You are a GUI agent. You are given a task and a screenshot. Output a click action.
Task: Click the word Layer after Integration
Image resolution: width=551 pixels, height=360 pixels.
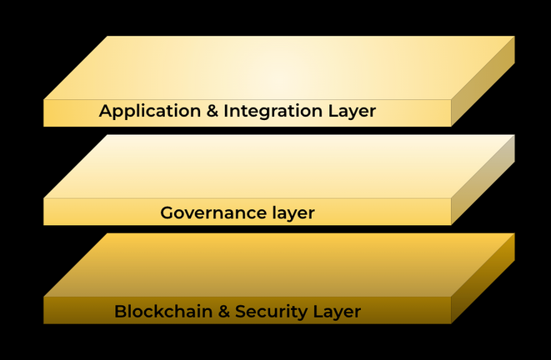point(353,111)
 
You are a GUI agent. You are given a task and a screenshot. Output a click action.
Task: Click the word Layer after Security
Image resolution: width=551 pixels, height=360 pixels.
point(338,312)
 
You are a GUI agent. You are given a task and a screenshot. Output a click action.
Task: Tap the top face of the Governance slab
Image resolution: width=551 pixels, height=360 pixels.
point(279,167)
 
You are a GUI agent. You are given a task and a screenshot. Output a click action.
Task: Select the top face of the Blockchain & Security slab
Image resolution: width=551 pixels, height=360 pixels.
point(279,265)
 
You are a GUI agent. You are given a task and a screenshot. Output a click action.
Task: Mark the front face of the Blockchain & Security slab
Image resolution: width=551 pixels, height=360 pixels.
point(75,310)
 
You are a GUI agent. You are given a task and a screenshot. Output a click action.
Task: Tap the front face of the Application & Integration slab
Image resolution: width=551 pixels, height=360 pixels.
point(71,112)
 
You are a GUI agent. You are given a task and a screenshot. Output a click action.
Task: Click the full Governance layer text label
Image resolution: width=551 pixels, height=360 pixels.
point(238,212)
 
